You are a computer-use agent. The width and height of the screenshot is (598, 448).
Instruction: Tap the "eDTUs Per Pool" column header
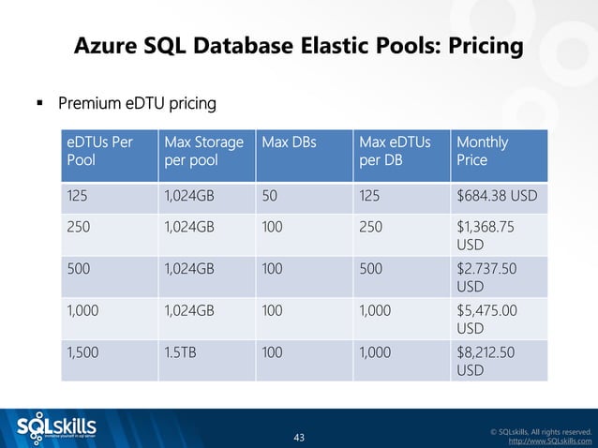pos(99,152)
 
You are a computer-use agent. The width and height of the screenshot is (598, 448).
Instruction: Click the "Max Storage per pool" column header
pos(203,152)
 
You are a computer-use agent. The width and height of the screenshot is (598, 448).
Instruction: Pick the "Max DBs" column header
pos(289,142)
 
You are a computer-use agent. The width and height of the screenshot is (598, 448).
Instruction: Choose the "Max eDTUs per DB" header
pos(395,152)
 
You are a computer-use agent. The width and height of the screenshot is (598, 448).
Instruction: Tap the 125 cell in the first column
pos(78,199)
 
